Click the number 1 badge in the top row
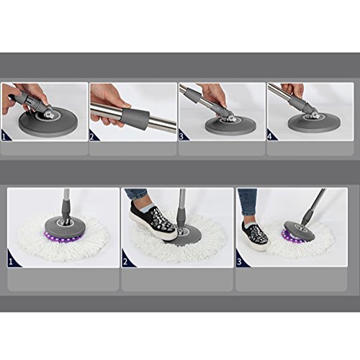click(4, 137)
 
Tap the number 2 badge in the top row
click(93, 137)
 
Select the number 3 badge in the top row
click(181, 136)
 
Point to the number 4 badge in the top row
click(270, 136)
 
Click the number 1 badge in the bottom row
click(11, 261)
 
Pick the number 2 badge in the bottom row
click(125, 261)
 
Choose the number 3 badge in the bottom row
click(239, 261)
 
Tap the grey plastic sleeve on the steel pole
click(135, 117)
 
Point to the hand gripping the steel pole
click(109, 103)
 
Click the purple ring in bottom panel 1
click(63, 237)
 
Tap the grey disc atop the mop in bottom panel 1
click(66, 227)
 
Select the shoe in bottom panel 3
click(255, 236)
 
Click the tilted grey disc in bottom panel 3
click(301, 232)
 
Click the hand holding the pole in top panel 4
click(292, 90)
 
